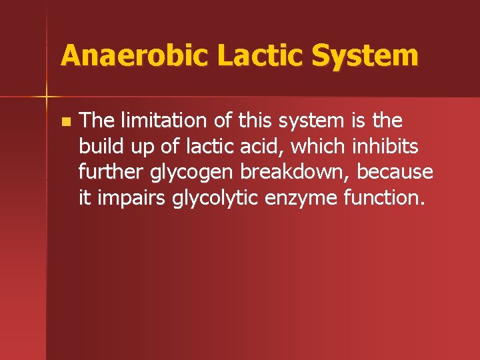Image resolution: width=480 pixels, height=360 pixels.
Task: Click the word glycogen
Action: (x=192, y=173)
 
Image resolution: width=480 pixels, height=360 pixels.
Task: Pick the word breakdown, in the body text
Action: (x=295, y=171)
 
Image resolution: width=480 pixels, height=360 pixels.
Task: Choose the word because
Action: (x=395, y=171)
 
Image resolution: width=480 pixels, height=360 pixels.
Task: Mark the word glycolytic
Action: (x=203, y=198)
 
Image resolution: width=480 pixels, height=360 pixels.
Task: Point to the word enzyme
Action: (x=291, y=198)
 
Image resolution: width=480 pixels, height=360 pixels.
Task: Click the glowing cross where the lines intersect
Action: (x=46, y=97)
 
